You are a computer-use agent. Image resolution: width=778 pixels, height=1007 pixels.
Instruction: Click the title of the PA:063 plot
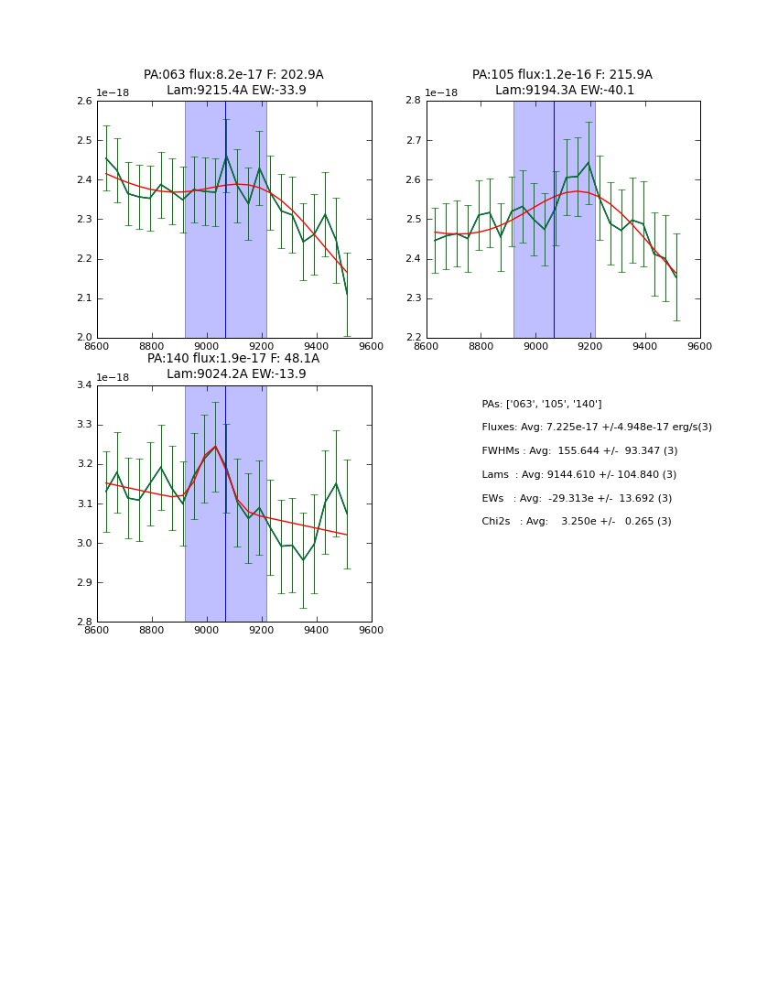tap(233, 82)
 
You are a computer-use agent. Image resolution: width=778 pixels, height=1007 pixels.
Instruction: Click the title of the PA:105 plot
tap(563, 82)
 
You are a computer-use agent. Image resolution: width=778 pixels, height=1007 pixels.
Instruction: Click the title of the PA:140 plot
tap(233, 366)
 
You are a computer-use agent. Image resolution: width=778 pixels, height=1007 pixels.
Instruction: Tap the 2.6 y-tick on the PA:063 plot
tap(83, 102)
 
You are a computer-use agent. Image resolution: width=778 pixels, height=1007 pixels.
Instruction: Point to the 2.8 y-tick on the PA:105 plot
tap(413, 102)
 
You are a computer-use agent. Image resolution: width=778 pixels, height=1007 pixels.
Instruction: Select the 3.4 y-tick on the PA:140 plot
tap(83, 385)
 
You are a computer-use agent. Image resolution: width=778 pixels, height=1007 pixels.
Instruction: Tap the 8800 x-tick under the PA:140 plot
tap(152, 631)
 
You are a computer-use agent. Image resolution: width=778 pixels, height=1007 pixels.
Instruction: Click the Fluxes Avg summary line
tap(596, 428)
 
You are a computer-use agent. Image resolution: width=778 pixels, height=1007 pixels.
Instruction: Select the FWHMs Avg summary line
tap(579, 451)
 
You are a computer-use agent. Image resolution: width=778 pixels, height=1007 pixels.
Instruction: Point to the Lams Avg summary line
tap(578, 475)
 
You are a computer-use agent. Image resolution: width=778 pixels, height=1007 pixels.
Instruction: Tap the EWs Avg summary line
tap(577, 499)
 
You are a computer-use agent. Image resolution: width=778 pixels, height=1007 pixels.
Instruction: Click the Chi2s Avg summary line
tap(577, 522)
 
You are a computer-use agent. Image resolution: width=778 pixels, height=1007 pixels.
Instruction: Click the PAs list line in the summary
tap(541, 405)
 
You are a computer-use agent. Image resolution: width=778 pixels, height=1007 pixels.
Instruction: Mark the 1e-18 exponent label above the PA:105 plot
tap(441, 93)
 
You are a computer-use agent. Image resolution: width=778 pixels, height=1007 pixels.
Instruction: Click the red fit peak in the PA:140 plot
tap(215, 447)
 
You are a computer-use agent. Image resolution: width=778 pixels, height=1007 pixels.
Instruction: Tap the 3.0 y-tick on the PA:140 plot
tap(83, 544)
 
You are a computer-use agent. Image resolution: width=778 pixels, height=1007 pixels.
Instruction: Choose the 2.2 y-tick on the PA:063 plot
tap(83, 259)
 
